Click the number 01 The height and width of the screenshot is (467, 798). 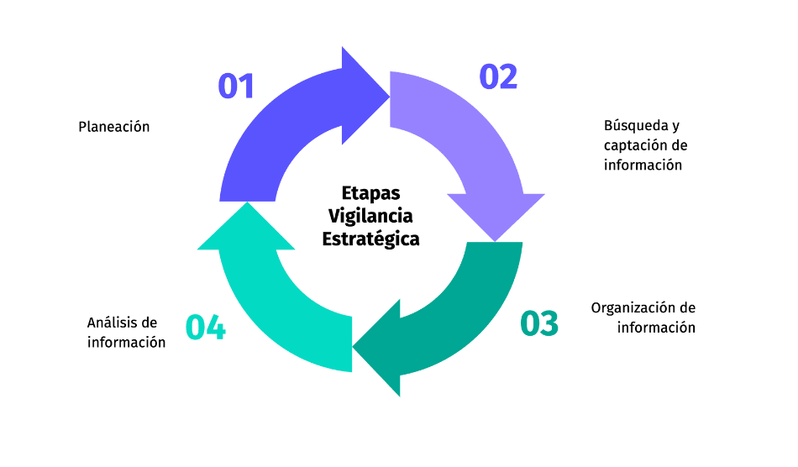click(x=236, y=87)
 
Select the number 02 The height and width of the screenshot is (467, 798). click(x=498, y=76)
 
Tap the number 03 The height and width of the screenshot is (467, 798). click(x=539, y=324)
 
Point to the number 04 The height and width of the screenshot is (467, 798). click(x=206, y=328)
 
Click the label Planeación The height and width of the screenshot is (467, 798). click(x=114, y=127)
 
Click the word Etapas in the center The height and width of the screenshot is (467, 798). click(x=371, y=193)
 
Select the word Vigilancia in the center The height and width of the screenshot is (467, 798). click(x=371, y=216)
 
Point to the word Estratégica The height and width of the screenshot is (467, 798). click(x=371, y=239)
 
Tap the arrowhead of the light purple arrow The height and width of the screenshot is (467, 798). click(x=496, y=215)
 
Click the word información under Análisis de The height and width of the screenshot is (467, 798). click(x=126, y=343)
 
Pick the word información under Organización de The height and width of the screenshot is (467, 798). click(x=656, y=328)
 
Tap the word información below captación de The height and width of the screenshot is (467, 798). click(x=643, y=165)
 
